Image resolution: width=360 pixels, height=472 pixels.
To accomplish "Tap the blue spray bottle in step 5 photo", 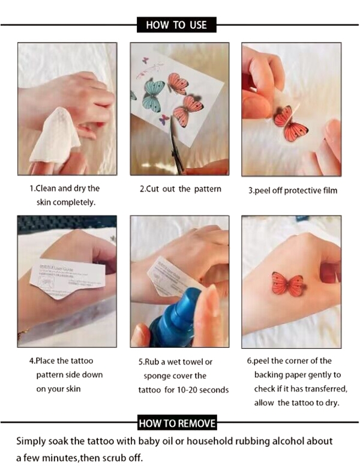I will tap(175, 318).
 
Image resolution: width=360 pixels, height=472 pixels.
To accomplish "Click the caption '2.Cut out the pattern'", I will tap(180, 189).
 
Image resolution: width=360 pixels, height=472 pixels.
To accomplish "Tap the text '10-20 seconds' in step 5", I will tap(200, 390).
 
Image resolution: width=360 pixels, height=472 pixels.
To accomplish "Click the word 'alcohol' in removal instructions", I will tap(288, 441).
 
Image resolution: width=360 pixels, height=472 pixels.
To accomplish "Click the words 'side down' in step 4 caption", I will tap(84, 375).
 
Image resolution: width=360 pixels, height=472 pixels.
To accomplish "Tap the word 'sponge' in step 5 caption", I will tap(160, 376).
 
